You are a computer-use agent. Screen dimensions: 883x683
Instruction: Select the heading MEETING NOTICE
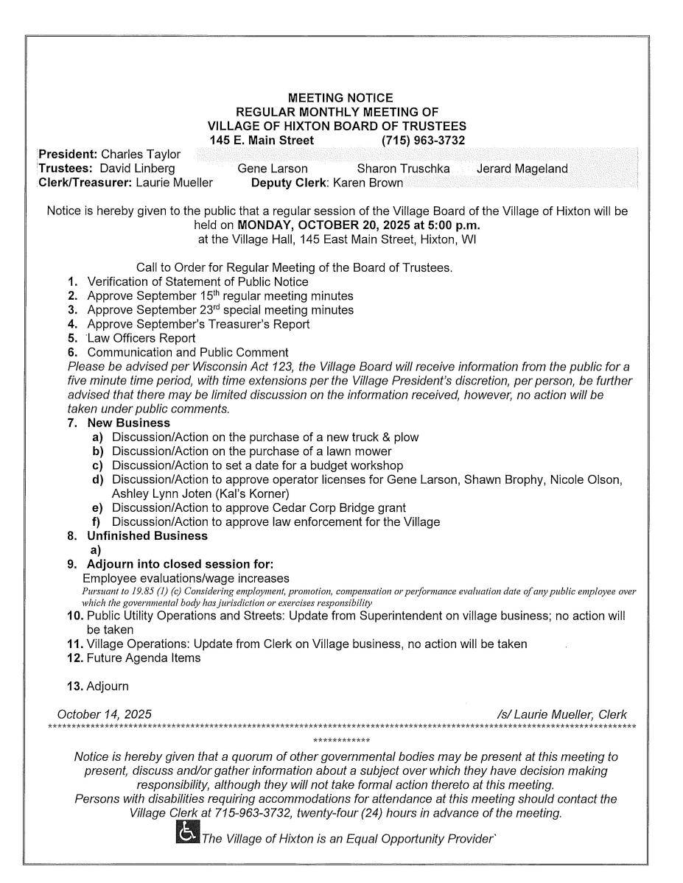click(x=340, y=98)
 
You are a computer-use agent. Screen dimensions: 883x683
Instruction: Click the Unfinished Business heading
click(x=147, y=536)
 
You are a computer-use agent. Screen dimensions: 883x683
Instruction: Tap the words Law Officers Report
click(x=141, y=338)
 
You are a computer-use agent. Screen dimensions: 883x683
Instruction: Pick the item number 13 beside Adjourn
click(x=74, y=686)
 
